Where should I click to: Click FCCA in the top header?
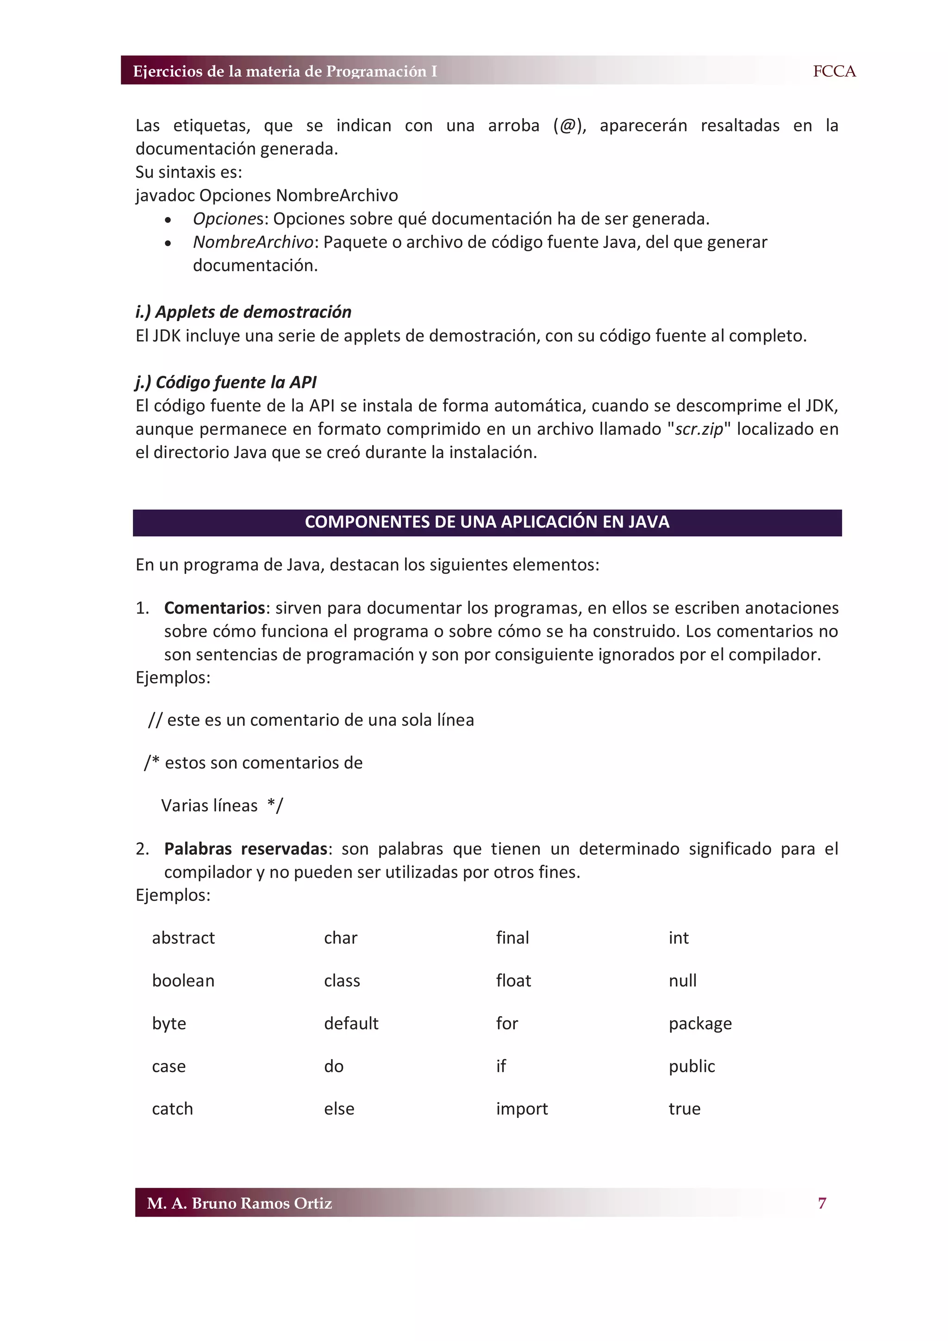[x=834, y=71]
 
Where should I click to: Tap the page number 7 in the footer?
[x=822, y=1203]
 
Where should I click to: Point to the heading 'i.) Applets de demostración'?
[x=243, y=312]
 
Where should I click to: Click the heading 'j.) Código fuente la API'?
[x=225, y=382]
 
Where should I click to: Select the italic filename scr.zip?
[x=699, y=429]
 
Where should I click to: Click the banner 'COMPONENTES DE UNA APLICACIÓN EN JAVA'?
[x=486, y=522]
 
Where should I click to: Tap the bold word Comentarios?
[x=214, y=608]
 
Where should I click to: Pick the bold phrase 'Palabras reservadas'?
[x=245, y=849]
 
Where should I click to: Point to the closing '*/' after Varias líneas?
[x=275, y=806]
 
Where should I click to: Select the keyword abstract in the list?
[x=183, y=938]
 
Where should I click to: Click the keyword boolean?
[x=183, y=981]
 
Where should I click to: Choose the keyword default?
[x=351, y=1023]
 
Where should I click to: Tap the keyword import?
[x=522, y=1109]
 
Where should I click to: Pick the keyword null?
[x=682, y=981]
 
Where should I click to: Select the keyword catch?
[x=172, y=1109]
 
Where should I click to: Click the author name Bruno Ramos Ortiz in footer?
[x=261, y=1203]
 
